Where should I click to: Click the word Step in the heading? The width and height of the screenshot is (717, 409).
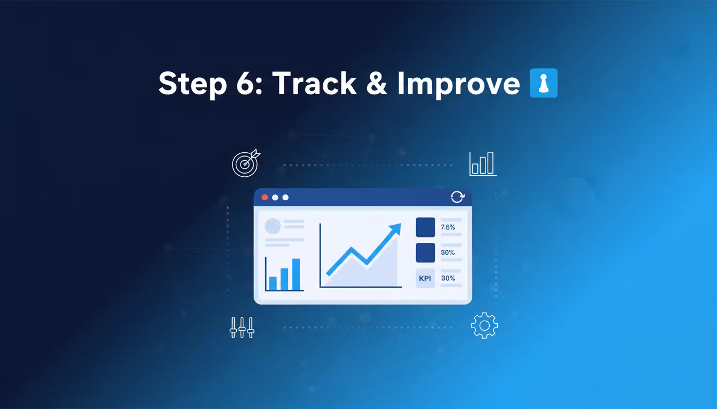193,84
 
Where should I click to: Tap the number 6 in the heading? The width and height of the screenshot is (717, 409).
245,83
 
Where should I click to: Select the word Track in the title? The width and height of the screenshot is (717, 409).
314,83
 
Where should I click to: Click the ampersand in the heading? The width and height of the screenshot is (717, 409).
377,83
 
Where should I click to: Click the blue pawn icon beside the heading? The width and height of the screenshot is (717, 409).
544,83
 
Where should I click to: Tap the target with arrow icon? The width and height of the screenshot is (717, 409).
246,163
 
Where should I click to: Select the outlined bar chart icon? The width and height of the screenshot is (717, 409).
483,164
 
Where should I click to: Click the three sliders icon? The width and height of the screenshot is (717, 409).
242,328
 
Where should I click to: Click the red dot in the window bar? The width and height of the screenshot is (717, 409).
265,198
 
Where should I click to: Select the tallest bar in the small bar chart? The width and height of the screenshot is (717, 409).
296,274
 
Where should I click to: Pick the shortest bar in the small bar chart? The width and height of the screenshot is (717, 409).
273,283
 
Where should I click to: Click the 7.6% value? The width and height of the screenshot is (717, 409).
448,227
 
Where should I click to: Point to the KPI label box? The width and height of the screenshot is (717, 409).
425,279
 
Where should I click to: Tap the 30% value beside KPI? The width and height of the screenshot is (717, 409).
448,279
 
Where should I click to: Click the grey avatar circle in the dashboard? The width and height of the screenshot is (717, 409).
273,226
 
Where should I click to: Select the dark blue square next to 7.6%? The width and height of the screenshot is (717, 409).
425,227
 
